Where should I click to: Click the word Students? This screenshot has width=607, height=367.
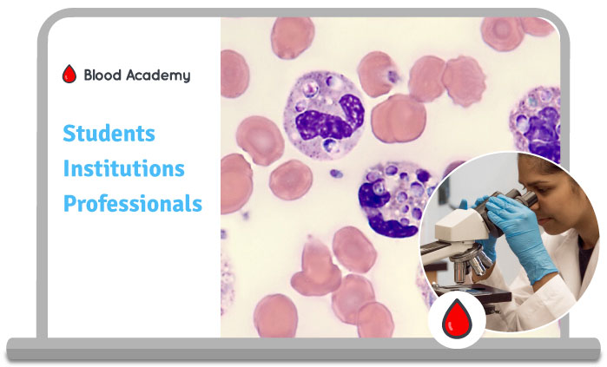pos(109,134)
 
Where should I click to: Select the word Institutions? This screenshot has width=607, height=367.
pos(124,168)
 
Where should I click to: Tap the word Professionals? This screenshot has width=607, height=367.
pos(133,203)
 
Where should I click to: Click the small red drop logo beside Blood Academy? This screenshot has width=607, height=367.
pos(69,74)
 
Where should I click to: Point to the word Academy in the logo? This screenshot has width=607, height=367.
pos(158,75)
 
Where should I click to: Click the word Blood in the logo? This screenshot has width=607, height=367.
pos(102,75)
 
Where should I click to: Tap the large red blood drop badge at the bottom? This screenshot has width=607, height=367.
pos(457,319)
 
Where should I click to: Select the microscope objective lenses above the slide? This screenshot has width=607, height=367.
pos(471,265)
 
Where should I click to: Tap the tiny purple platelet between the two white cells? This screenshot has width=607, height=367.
pos(336,174)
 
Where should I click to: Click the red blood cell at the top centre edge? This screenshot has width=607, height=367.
pos(293,37)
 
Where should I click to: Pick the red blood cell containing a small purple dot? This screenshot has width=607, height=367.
pos(379,74)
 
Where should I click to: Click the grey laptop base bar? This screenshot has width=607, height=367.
pos(303,350)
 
